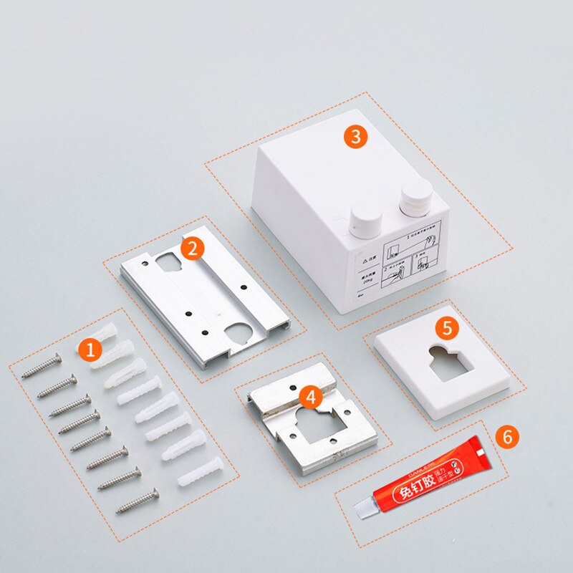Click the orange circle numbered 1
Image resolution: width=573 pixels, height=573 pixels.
click(90, 350)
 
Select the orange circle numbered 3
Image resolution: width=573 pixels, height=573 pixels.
click(356, 136)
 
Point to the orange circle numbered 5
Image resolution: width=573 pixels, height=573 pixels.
click(447, 328)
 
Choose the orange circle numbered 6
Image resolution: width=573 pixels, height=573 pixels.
click(507, 436)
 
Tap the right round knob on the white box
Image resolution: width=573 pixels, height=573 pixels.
click(416, 197)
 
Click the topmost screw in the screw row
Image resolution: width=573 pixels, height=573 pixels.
click(42, 366)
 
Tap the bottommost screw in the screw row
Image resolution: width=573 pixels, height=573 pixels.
click(137, 499)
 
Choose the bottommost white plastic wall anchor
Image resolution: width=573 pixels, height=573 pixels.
click(200, 468)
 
